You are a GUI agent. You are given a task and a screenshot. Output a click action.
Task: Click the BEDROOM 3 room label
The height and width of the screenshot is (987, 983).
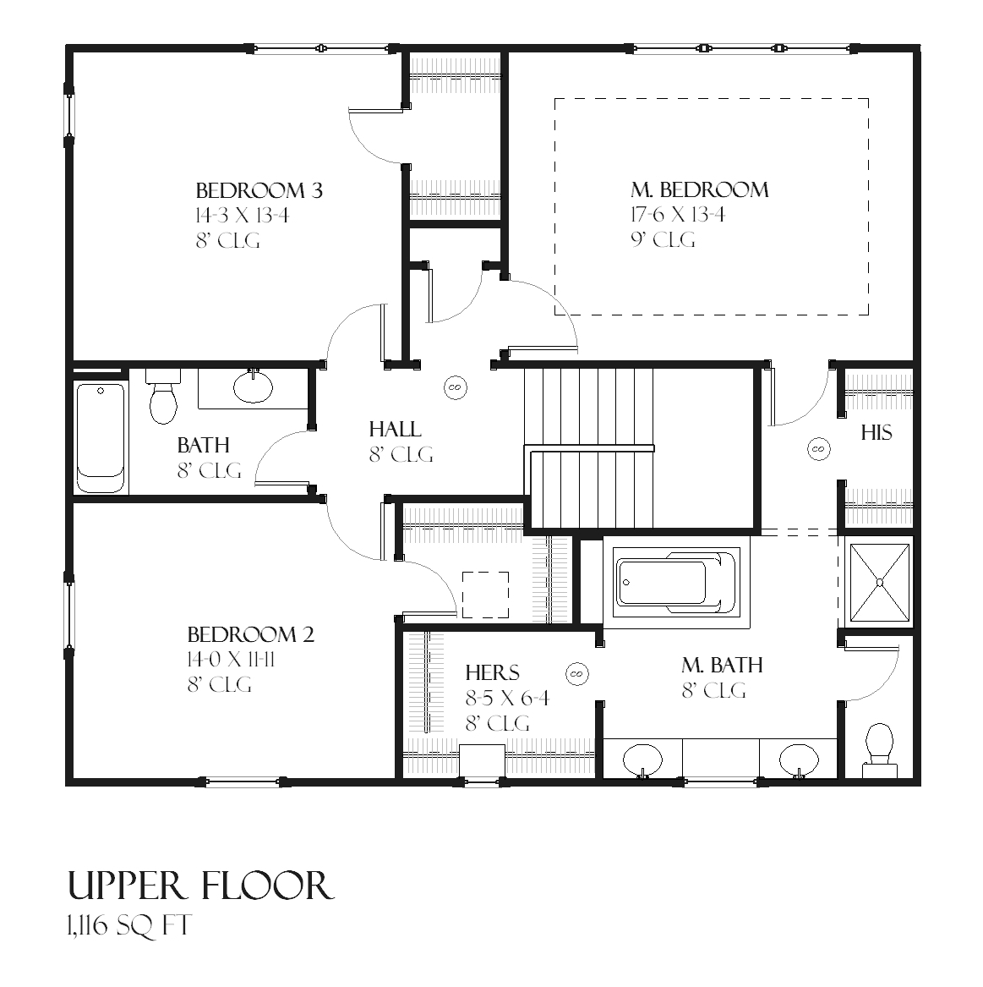[259, 190]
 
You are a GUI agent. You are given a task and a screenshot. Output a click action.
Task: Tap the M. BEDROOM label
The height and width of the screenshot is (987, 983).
[699, 189]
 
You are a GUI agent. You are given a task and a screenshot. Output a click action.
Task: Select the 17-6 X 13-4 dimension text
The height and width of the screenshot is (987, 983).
[677, 215]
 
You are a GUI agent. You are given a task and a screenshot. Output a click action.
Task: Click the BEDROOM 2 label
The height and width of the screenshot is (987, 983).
[250, 634]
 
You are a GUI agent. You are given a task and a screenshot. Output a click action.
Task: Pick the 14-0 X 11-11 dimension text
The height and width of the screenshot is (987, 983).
[231, 660]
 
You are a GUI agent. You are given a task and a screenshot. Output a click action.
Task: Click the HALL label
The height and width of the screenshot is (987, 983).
[395, 430]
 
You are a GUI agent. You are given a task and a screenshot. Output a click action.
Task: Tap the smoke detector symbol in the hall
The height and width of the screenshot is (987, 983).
[455, 387]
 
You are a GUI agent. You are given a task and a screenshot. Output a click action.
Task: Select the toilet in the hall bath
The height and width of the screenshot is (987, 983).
[163, 397]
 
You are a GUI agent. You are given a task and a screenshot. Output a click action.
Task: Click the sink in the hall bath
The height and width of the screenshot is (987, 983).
[253, 387]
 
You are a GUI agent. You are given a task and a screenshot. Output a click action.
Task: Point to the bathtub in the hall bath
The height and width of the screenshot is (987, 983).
[101, 437]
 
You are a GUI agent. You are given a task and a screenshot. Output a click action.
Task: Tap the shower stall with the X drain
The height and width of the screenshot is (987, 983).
[880, 582]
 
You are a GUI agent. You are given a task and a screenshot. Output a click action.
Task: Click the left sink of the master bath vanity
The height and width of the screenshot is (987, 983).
[643, 757]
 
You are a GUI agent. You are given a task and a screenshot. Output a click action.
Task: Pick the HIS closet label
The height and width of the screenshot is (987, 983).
[877, 433]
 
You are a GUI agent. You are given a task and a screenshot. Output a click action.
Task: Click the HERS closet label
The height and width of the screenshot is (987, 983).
[493, 673]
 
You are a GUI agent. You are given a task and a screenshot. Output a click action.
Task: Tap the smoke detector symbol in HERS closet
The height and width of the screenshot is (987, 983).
[578, 673]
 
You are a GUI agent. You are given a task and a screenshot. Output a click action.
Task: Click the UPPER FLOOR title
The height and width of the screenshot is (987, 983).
[200, 886]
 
